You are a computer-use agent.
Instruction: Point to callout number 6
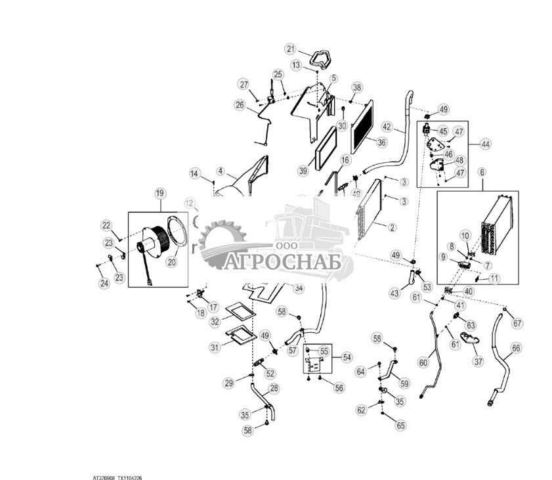pos(482,171)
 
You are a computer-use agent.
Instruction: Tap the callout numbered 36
pos(381,141)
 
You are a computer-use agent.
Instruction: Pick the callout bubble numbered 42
pos(387,126)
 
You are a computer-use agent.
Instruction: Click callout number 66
pos(516,348)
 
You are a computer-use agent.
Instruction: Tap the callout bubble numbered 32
pos(215,322)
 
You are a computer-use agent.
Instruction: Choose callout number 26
pos(240,104)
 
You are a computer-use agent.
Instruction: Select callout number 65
pos(401,425)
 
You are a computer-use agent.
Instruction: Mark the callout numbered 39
pos(303,171)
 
